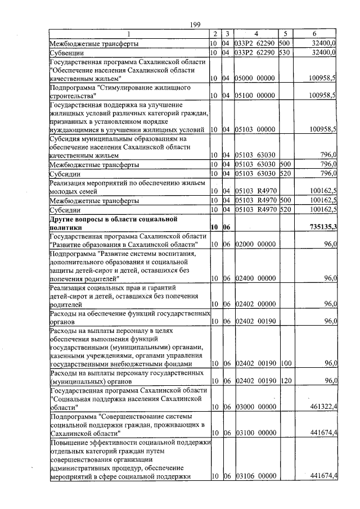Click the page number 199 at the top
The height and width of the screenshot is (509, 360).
(195, 23)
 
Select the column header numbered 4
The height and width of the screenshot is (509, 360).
(255, 33)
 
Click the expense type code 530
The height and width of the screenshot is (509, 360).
(283, 52)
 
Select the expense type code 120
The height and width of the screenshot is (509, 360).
(283, 381)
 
